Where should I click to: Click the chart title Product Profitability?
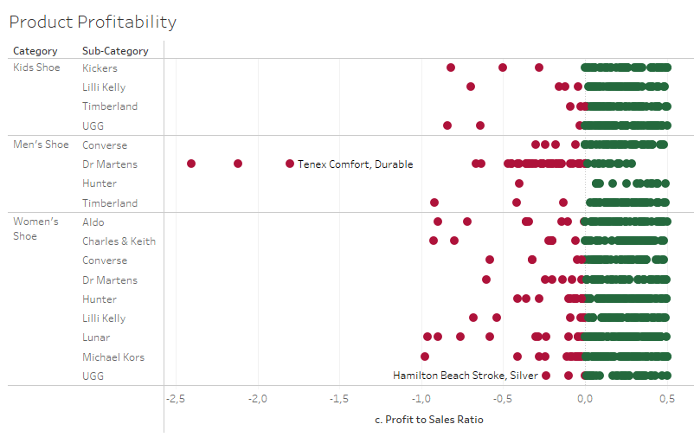93,22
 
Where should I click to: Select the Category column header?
35,51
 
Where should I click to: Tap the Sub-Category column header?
115,51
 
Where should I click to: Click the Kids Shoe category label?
36,67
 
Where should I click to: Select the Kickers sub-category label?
100,67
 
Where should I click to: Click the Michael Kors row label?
113,357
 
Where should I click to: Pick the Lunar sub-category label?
96,337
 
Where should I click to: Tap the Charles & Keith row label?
119,241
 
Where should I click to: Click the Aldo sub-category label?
93,222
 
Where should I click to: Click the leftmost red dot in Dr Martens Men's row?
191,164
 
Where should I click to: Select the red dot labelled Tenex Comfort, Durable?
290,164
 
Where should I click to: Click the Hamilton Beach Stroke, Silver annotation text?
465,376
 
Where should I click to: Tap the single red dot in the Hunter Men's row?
519,183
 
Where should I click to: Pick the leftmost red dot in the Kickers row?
451,67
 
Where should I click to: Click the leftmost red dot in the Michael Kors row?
425,357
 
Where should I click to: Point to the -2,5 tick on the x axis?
176,399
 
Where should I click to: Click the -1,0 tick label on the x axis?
421,399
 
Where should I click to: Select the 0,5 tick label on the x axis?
666,399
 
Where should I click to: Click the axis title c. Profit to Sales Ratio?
428,420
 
